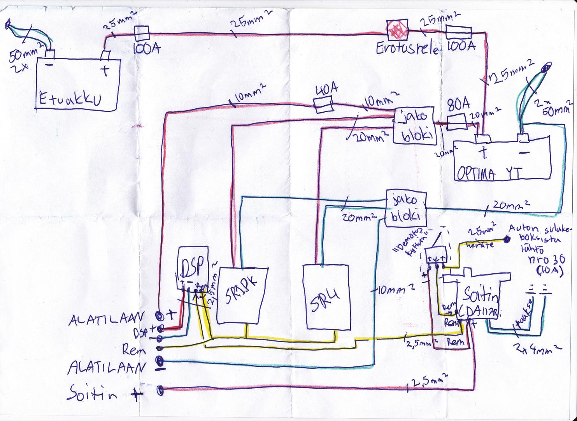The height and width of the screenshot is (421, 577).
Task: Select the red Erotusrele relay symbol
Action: (x=396, y=30)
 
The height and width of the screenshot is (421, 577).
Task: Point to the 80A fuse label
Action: (x=459, y=106)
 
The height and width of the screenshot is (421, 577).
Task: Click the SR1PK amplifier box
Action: (x=241, y=295)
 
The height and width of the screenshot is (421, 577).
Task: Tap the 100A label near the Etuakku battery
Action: (x=145, y=50)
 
